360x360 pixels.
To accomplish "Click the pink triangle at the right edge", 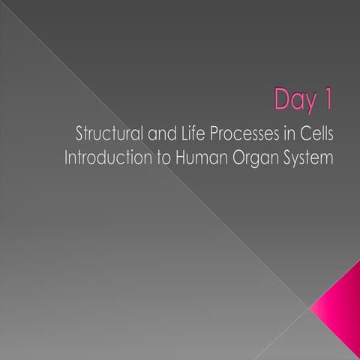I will pos(342,308).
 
